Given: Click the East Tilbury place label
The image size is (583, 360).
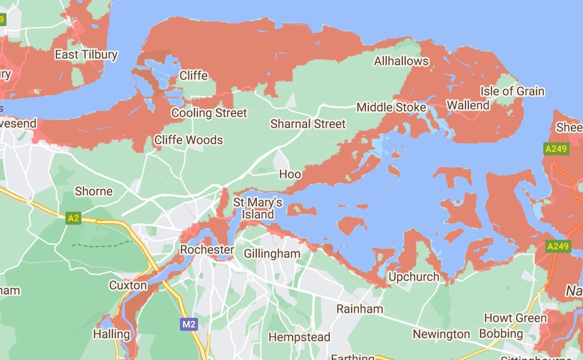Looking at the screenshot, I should click(86, 55).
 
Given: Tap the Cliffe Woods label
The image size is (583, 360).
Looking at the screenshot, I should click(188, 140).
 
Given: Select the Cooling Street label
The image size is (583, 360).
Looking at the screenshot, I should click(209, 113).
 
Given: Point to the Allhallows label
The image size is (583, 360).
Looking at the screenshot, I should click(402, 61).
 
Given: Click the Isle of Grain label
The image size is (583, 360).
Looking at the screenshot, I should click(512, 91).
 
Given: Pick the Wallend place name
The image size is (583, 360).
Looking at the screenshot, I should click(468, 106).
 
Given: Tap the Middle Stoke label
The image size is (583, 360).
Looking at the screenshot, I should click(391, 108).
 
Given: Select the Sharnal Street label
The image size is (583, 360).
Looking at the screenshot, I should click(308, 124).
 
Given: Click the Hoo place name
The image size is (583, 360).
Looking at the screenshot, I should click(290, 174).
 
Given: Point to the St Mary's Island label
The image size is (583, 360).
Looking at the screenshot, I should click(258, 208).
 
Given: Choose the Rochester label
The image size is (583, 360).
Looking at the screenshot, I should click(207, 250).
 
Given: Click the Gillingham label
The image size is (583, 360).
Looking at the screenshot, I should click(272, 253).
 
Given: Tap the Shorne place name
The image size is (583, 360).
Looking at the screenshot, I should click(94, 191).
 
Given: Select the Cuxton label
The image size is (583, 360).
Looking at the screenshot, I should click(128, 286).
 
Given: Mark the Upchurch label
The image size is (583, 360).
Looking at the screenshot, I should click(414, 277).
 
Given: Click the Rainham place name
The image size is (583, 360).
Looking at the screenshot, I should click(360, 309).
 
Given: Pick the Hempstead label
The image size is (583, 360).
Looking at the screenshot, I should click(300, 337).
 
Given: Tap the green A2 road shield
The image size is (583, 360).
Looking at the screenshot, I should click(73, 218).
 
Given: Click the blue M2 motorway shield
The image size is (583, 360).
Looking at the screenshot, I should click(189, 324).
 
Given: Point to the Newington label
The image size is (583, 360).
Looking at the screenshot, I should click(441, 334).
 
